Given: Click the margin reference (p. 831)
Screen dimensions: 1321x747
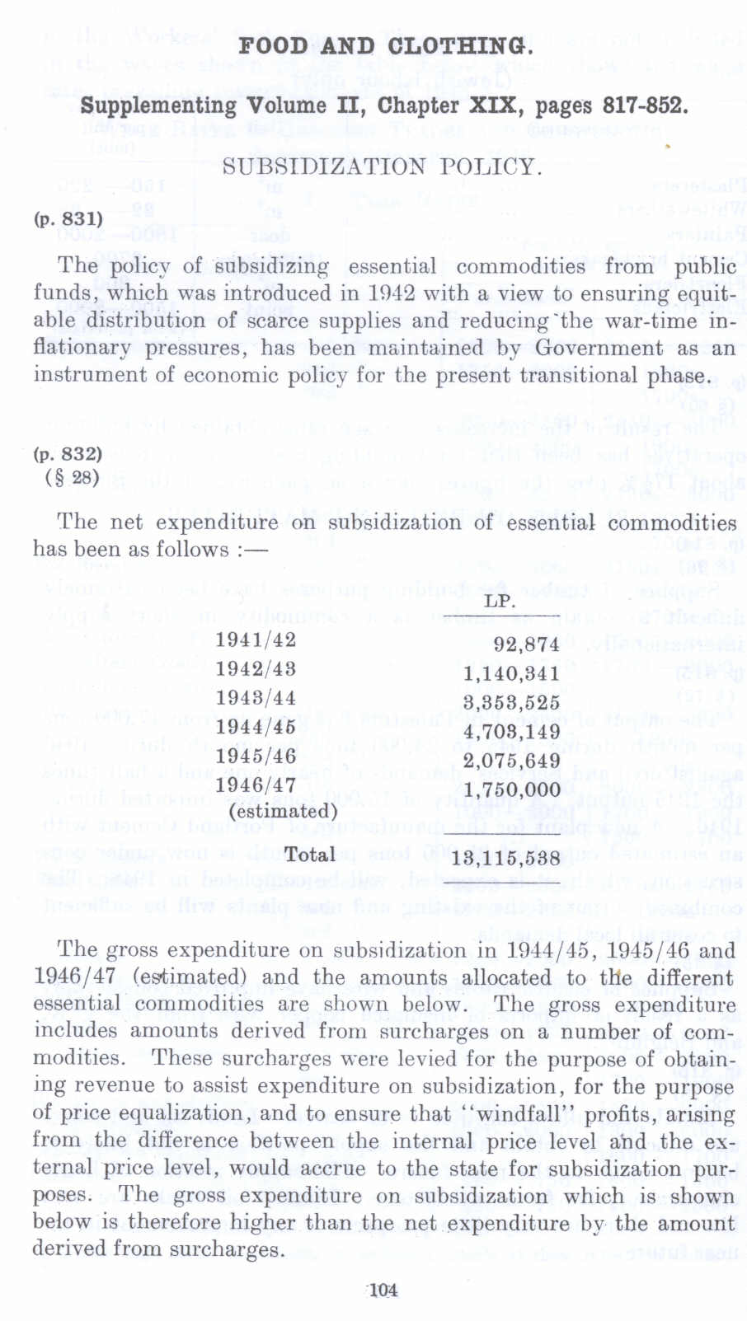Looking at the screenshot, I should pos(68,218).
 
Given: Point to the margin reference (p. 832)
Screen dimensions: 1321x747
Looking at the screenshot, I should pos(68,454).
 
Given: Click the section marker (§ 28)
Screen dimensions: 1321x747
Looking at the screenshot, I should pos(72,477).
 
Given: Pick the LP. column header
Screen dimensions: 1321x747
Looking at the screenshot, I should pos(500,601).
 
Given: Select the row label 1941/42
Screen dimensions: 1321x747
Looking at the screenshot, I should pos(256,640).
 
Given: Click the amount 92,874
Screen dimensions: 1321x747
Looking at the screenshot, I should pos(526,644).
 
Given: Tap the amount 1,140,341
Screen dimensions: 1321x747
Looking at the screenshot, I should pos(511,673).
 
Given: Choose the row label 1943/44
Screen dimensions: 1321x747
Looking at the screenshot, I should pos(256,698).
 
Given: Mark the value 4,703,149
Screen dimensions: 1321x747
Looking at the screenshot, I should pos(511,731).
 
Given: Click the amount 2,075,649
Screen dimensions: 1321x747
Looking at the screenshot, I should pos(511,760).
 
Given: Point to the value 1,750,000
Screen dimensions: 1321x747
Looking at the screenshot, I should pos(511,789).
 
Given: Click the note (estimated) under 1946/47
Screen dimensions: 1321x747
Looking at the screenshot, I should pos(283,811).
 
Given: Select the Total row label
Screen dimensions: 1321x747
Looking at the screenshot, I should pos(310,855).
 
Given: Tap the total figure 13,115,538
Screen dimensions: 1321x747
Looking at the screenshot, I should pos(506,858).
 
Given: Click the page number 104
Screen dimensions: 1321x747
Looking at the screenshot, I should pos(383,1291).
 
